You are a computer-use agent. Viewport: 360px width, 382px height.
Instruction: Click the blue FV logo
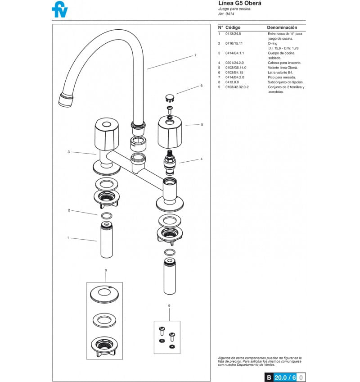(60, 9)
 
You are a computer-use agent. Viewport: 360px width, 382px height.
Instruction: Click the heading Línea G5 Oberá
(240, 3)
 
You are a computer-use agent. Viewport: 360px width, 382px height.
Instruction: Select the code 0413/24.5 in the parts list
(233, 34)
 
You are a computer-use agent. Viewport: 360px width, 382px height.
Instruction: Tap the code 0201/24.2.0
(234, 63)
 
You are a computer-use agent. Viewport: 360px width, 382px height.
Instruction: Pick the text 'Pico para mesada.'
(282, 77)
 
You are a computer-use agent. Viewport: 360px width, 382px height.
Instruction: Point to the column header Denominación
(282, 27)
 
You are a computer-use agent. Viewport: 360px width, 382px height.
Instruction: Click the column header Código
(233, 27)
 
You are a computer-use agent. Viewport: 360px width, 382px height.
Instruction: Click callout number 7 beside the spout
(195, 55)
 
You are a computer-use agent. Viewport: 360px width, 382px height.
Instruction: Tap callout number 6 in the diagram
(201, 86)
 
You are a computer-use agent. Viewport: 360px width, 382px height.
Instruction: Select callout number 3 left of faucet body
(69, 152)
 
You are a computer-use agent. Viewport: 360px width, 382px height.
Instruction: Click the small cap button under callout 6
(170, 98)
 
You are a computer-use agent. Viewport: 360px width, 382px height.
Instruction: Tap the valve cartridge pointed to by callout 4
(170, 163)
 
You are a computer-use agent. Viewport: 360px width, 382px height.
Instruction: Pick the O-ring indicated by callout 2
(106, 216)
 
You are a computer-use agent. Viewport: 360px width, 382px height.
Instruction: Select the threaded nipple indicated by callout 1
(106, 240)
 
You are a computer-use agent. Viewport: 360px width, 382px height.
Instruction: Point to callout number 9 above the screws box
(169, 305)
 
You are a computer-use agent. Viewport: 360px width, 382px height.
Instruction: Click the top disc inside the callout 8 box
(104, 294)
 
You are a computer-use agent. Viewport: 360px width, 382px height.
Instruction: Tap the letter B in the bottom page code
(269, 377)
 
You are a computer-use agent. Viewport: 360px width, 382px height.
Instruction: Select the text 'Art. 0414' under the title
(226, 14)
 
